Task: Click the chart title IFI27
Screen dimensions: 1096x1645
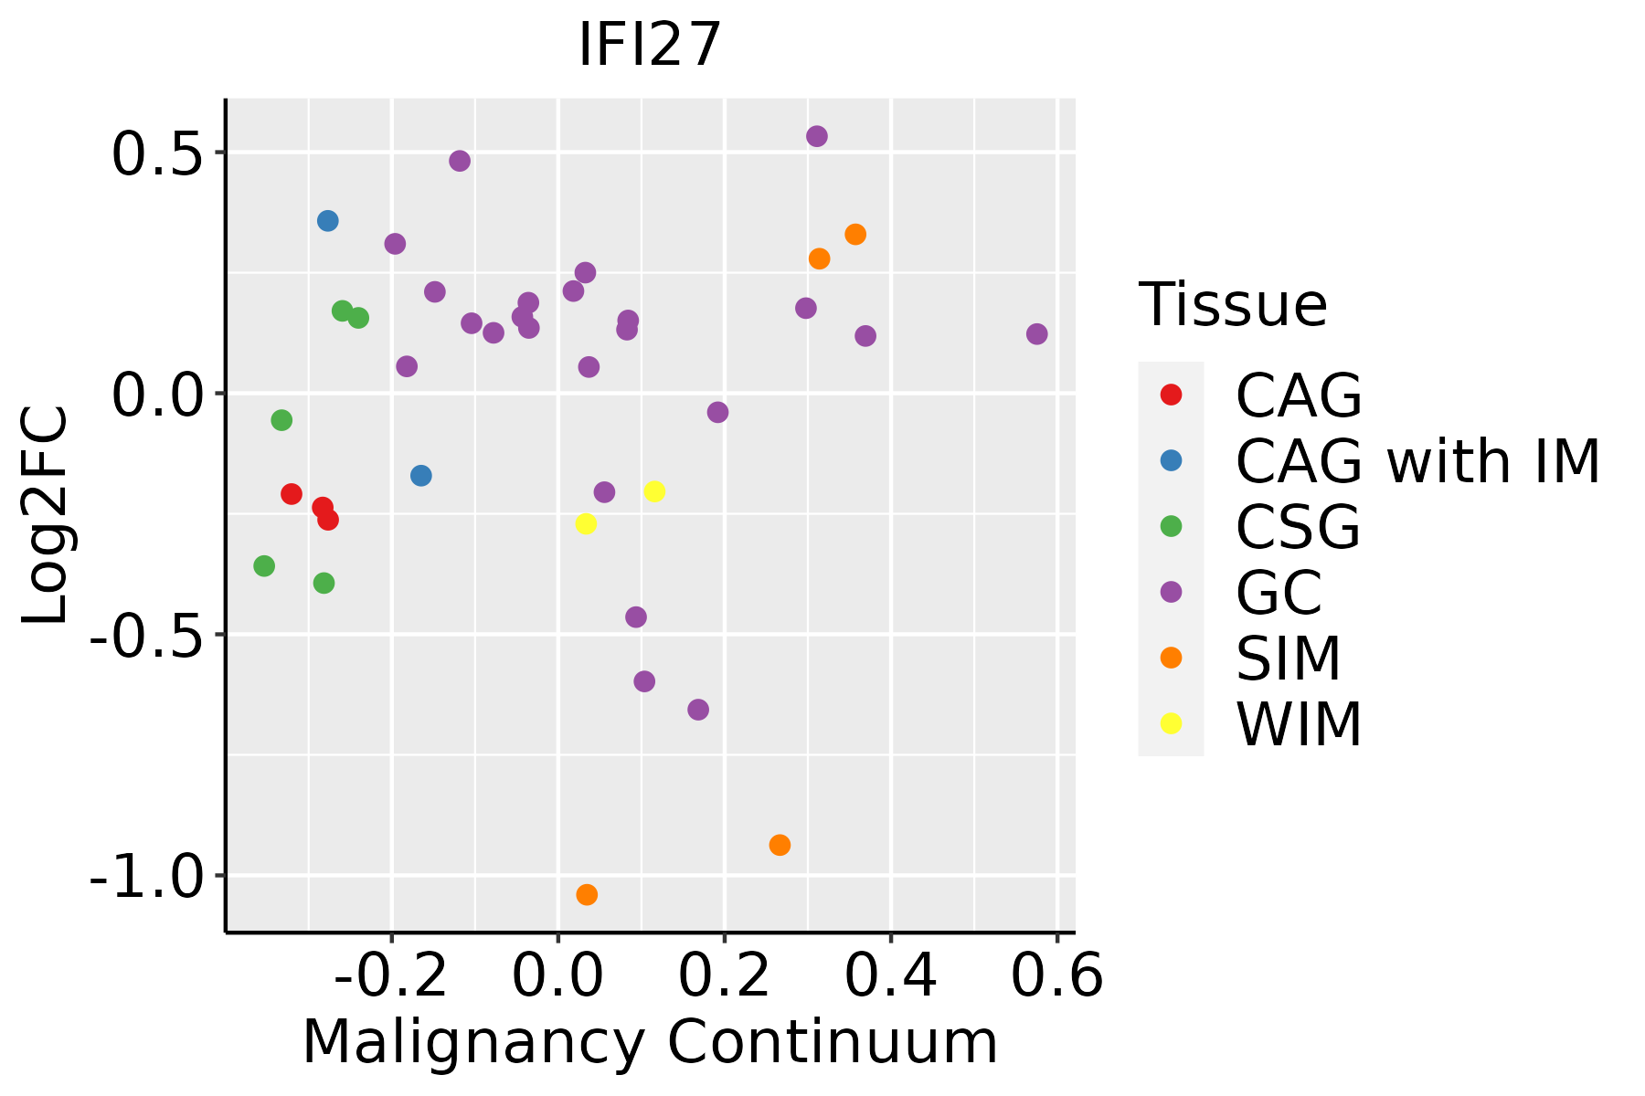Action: (650, 46)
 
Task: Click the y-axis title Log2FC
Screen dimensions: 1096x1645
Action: (46, 515)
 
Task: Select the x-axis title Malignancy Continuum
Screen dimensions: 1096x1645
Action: (650, 1042)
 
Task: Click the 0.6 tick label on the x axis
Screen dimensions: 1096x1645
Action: (1056, 976)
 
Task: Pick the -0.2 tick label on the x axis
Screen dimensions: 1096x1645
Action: (391, 976)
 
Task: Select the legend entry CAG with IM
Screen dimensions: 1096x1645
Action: (1417, 461)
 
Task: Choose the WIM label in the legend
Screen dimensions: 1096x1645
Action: (1299, 724)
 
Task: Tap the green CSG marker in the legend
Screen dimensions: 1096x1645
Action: (1171, 526)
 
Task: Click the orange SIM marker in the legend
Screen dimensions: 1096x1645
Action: (1171, 658)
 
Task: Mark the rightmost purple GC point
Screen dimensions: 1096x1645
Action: (1036, 334)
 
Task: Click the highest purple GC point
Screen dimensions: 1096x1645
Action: (817, 136)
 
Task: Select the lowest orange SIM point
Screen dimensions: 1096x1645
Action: (587, 894)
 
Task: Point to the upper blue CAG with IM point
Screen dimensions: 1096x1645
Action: (328, 221)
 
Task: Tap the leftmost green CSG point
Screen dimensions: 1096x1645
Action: (264, 566)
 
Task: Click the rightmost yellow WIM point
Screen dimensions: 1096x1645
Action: (654, 491)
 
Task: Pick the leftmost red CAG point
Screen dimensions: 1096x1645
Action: (292, 494)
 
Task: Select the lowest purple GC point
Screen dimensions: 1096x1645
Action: (698, 710)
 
